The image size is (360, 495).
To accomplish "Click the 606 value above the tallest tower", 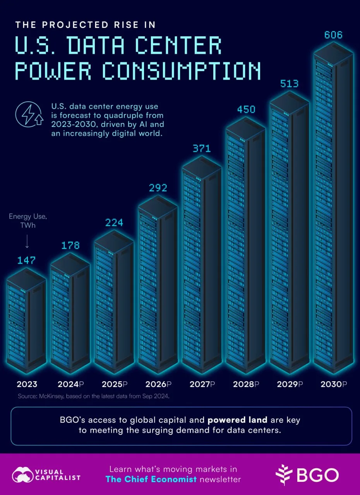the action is point(333,35).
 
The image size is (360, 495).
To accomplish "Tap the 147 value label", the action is point(26,260).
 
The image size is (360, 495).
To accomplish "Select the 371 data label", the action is point(202,148).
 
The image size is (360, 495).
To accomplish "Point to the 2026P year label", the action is point(158,384).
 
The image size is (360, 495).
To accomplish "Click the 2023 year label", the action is point(27,384).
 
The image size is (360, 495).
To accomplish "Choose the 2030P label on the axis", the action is point(334,384).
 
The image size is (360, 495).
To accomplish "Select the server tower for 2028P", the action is point(245,245).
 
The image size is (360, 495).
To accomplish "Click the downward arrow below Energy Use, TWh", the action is point(27,241).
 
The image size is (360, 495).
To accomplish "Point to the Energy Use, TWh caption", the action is point(28,221).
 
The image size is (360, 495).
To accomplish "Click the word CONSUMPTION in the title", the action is point(182,71).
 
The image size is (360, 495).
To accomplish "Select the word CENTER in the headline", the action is point(178,45).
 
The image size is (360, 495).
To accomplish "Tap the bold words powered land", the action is point(238,420).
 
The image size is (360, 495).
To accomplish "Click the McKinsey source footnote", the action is point(94,396).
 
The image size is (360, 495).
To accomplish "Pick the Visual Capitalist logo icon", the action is point(23,475).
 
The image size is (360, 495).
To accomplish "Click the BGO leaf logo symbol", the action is point(283,475).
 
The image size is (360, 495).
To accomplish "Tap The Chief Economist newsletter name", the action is point(151,479).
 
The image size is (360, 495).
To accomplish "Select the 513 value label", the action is point(289,84).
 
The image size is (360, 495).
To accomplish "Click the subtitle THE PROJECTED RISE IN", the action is point(86,25).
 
